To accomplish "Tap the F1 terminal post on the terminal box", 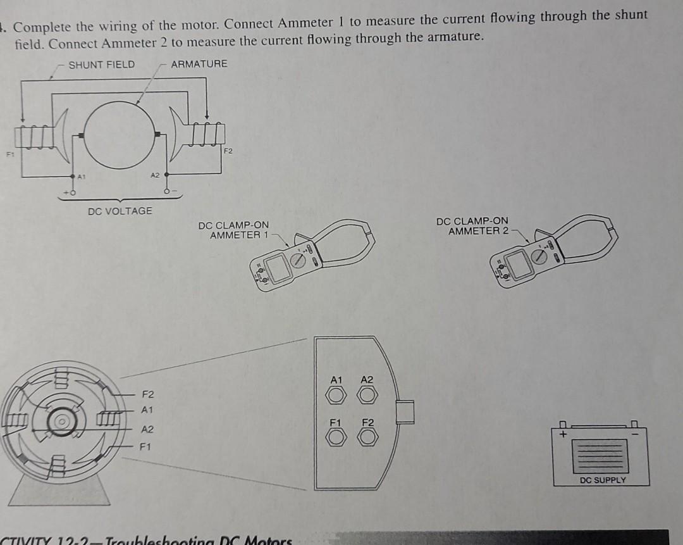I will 336,436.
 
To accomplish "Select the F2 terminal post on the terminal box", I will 367,436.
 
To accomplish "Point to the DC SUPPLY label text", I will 602,480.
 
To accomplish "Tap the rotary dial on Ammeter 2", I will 539,256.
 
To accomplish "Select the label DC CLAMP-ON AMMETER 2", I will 472,226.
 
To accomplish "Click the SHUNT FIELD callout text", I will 101,64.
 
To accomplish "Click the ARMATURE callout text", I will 199,64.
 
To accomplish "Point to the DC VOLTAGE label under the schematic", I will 120,211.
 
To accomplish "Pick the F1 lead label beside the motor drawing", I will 145,447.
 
